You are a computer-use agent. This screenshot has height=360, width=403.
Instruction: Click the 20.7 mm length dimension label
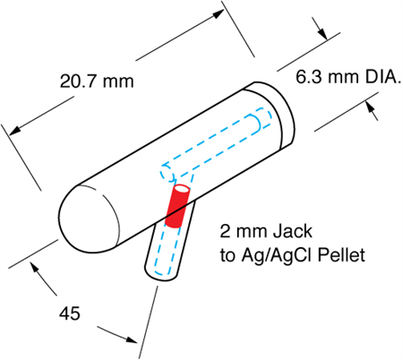click(97, 81)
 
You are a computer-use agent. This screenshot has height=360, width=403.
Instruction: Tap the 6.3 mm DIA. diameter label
click(348, 76)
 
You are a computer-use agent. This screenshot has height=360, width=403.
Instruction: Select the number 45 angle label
click(70, 313)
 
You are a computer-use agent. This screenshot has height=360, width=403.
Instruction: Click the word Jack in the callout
click(293, 231)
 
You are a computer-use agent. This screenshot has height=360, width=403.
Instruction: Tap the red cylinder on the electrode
click(177, 206)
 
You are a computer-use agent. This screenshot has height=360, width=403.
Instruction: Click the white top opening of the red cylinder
click(182, 189)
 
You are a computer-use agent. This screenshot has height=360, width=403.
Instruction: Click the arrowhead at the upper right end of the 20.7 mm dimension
click(218, 13)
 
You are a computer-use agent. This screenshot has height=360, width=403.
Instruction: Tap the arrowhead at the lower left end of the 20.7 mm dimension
click(15, 131)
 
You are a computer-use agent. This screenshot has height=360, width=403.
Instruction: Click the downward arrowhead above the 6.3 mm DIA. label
click(323, 34)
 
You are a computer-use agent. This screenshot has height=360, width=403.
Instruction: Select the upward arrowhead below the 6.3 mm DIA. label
click(370, 107)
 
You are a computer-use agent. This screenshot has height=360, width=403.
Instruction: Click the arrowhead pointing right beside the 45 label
click(131, 339)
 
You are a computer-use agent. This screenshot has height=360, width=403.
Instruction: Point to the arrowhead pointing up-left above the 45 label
click(35, 267)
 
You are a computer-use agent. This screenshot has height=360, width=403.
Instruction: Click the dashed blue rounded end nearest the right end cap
click(262, 119)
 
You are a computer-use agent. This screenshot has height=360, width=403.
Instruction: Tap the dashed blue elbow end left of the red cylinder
click(167, 173)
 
